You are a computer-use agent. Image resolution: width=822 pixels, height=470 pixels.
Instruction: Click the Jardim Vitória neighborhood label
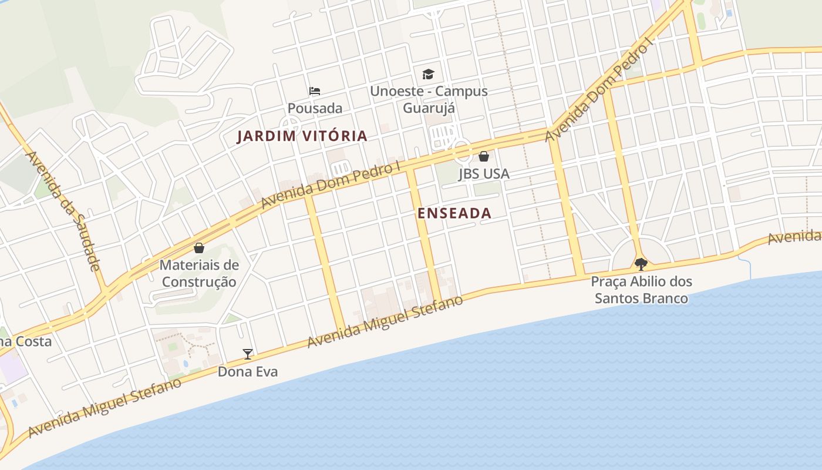302,136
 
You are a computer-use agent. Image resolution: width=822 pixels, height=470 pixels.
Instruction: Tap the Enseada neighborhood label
454,213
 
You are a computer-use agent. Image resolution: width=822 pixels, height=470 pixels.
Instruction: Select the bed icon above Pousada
315,91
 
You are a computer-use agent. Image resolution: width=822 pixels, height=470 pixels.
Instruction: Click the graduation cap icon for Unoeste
428,75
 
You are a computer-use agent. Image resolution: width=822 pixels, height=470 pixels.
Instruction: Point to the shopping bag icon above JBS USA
483,156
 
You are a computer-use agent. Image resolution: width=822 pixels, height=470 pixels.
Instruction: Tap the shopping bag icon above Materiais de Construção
199,248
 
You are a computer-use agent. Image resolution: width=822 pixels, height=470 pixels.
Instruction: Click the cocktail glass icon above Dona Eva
248,354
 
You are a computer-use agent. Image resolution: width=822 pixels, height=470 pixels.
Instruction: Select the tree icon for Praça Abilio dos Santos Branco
641,264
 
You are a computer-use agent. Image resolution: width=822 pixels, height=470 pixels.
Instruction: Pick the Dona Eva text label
247,372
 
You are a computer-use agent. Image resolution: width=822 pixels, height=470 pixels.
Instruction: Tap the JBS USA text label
483,174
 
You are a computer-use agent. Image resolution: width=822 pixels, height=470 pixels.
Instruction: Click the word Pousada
315,109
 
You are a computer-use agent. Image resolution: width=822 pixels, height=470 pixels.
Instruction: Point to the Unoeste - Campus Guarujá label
428,100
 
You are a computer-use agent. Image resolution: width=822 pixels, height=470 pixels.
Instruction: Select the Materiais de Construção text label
199,273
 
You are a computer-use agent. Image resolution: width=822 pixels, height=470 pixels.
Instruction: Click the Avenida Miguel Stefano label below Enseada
385,321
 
